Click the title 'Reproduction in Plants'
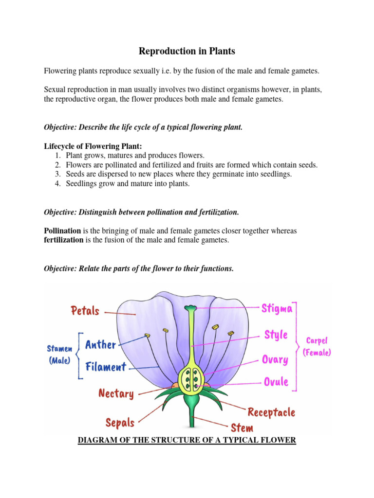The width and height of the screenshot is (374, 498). pos(187,51)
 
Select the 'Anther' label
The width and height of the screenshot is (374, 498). pos(101,345)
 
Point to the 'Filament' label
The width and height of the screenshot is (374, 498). pos(106,367)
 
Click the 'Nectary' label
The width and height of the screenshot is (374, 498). pos(116,393)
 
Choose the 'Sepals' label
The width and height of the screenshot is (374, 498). pos(120,422)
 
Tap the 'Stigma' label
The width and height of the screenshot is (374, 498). pos(277,308)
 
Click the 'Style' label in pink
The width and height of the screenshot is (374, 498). pos(276,335)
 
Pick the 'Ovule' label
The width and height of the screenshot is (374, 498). pos(276,382)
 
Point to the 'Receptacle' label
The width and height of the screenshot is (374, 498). pos(271,412)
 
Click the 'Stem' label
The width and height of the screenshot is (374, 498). pos(242,428)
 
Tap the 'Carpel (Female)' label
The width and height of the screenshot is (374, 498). pos(317,346)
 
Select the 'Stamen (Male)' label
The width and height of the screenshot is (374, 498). pos(59,355)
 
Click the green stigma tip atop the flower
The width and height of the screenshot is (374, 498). pos(190,308)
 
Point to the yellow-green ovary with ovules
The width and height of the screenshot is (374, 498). pos(191,379)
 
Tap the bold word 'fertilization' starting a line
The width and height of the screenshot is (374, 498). pos(64,240)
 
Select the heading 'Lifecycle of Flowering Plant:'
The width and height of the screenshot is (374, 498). pos(93,146)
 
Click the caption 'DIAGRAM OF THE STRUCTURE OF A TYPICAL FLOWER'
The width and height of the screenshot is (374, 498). pos(187,441)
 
